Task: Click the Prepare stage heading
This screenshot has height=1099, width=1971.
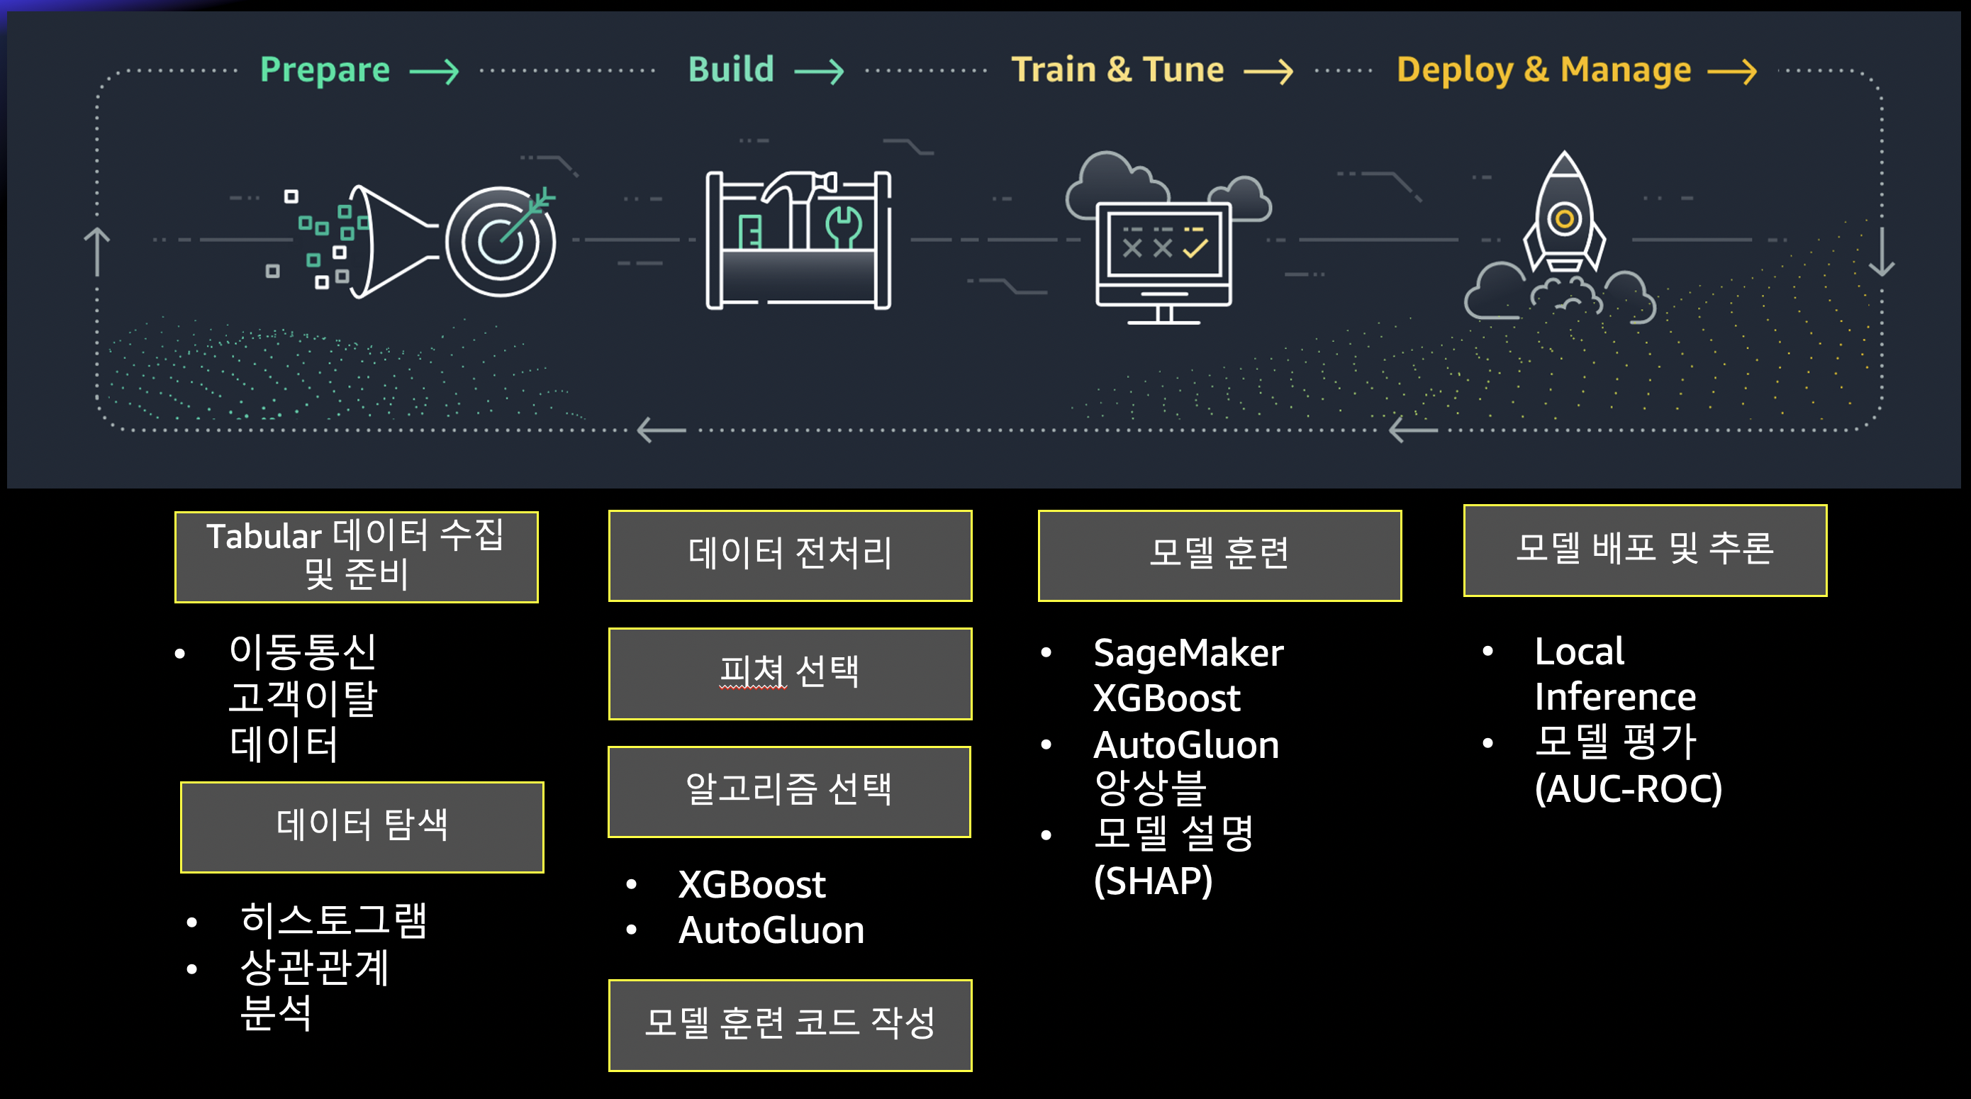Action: pyautogui.click(x=325, y=69)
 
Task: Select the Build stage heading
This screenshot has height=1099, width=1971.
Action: pyautogui.click(x=731, y=69)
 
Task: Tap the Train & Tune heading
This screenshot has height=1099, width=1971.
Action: pyautogui.click(x=1117, y=69)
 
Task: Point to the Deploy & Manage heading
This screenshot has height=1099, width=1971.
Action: pyautogui.click(x=1543, y=69)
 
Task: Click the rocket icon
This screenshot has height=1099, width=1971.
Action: pyautogui.click(x=1564, y=214)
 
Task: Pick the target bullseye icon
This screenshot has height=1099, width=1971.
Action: pyautogui.click(x=501, y=241)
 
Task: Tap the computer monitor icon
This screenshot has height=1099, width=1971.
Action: pyautogui.click(x=1163, y=257)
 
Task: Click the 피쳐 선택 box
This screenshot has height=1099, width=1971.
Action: pyautogui.click(x=790, y=674)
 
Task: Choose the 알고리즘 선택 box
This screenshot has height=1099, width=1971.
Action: pyautogui.click(x=789, y=791)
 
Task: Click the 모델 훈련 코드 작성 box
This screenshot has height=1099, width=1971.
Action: pyautogui.click(x=790, y=1025)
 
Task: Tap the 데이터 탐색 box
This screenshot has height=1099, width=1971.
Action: pyautogui.click(x=362, y=827)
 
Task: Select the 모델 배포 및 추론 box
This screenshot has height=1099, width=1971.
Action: pyautogui.click(x=1645, y=550)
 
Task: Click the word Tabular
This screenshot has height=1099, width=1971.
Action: pyautogui.click(x=264, y=537)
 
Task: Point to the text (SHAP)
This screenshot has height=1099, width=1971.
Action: pyautogui.click(x=1153, y=881)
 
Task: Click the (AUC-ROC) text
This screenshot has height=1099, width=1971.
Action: pyautogui.click(x=1629, y=789)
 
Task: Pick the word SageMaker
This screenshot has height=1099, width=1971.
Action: pyautogui.click(x=1188, y=653)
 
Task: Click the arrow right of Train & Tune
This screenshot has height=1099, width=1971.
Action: pyautogui.click(x=1268, y=72)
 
